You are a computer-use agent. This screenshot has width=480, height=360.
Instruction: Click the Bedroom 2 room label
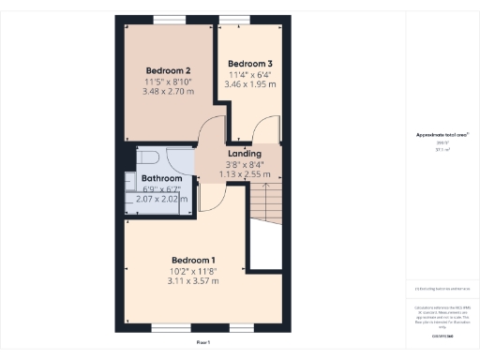click(169, 70)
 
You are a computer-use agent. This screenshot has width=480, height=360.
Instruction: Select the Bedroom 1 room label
click(193, 259)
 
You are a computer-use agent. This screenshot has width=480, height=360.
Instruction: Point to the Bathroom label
click(161, 178)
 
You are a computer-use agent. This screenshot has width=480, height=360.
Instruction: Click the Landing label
click(244, 153)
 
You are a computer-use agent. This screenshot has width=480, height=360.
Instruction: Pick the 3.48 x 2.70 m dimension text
click(169, 92)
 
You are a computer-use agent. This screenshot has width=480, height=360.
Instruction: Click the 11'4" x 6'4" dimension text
click(249, 74)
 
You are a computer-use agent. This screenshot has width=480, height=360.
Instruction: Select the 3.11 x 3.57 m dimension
click(193, 280)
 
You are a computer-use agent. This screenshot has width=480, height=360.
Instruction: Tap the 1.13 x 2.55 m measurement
click(244, 173)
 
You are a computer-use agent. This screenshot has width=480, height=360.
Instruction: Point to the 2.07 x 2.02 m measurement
click(161, 199)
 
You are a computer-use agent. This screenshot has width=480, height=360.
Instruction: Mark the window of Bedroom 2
click(169, 20)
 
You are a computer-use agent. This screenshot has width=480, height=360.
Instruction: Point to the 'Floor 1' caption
click(203, 343)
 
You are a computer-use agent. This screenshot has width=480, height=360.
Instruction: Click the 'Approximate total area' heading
click(442, 135)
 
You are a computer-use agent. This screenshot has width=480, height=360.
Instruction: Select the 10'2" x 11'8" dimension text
click(193, 270)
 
